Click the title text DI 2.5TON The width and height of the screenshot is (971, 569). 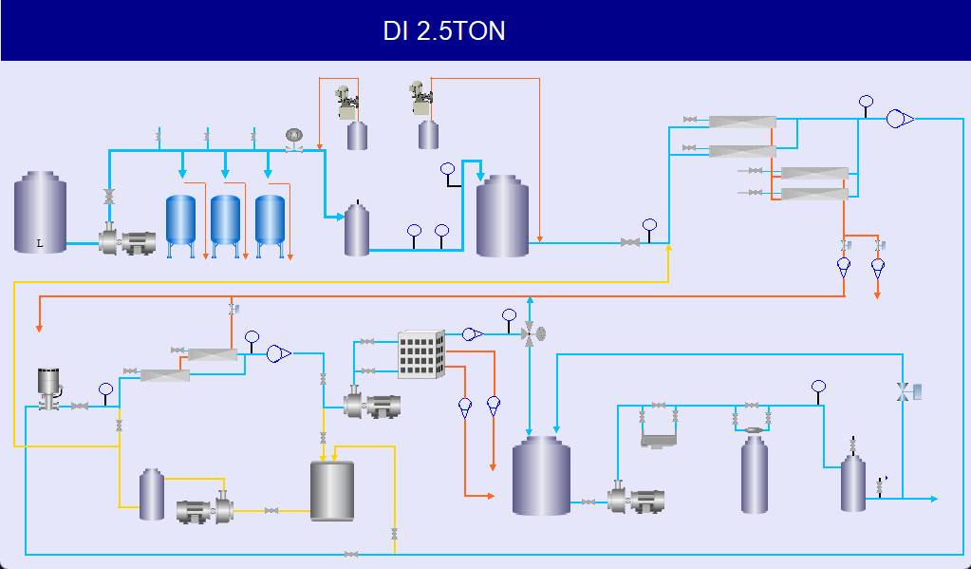tap(444, 30)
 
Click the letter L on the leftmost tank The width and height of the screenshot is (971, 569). tap(40, 244)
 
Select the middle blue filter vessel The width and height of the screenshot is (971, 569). tap(225, 220)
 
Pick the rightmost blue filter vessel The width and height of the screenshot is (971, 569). tap(270, 220)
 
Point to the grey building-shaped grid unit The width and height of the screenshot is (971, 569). tap(420, 354)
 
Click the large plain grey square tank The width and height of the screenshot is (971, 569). tap(332, 491)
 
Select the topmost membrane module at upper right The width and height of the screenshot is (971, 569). tap(742, 122)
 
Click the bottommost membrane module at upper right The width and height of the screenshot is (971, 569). tap(814, 194)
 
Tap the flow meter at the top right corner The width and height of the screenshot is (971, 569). tap(898, 119)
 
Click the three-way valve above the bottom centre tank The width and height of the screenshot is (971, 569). tap(530, 333)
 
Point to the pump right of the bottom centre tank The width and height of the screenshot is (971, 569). tap(635, 500)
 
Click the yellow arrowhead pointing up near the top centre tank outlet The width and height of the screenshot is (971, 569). tap(669, 248)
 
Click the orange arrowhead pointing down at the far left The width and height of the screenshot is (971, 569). tap(40, 328)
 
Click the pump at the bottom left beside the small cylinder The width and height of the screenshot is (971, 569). tap(205, 510)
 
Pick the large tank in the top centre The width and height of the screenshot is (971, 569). tap(502, 217)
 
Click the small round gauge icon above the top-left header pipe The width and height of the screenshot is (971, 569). tap(294, 136)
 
